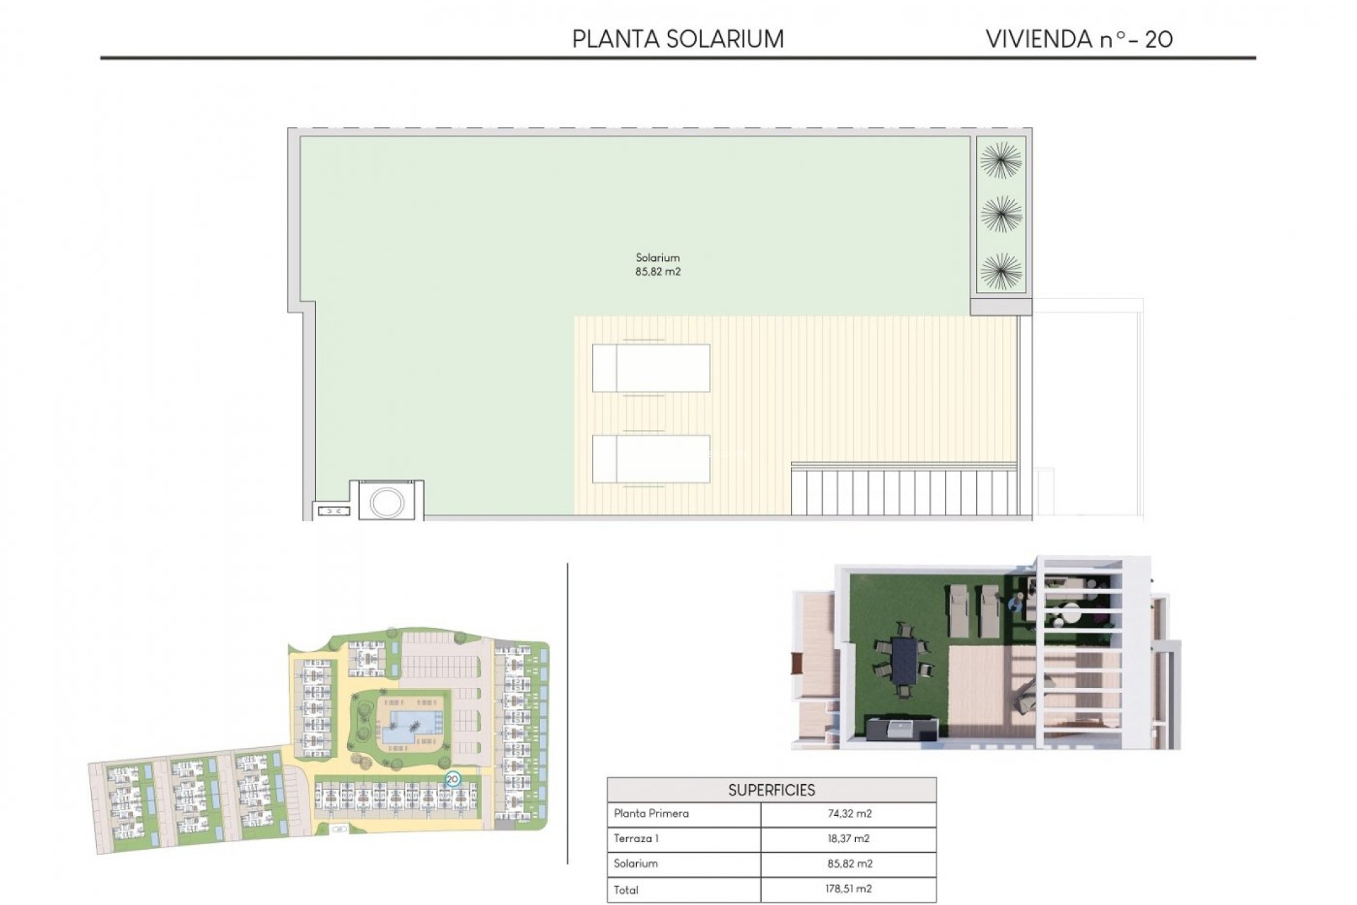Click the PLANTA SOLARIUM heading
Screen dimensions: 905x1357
(677, 39)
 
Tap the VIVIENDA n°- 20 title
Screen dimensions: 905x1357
(1079, 39)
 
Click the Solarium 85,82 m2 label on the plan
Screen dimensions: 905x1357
(657, 264)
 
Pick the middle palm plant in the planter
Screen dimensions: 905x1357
(1001, 214)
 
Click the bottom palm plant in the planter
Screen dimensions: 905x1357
(1001, 271)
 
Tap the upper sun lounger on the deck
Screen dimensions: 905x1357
(651, 368)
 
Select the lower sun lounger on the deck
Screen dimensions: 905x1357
(651, 459)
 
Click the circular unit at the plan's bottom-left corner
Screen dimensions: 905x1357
(387, 503)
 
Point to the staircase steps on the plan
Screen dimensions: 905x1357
(904, 492)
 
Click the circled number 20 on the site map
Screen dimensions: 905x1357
(452, 779)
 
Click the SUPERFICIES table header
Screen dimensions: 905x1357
(771, 790)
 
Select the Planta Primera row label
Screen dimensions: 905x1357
(651, 813)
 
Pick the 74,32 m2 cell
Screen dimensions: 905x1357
(849, 814)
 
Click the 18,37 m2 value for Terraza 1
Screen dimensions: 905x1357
(849, 839)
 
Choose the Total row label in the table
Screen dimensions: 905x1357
(626, 889)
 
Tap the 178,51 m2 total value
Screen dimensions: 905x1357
(849, 889)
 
